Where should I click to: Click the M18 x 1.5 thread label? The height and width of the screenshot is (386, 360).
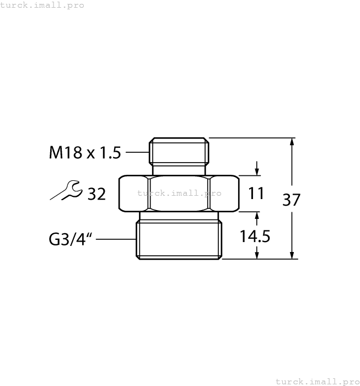pos(85,152)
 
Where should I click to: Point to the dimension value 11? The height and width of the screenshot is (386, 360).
pos(256,194)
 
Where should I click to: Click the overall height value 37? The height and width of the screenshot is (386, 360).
pos(291,200)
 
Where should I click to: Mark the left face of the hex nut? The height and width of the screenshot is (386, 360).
pos(133,194)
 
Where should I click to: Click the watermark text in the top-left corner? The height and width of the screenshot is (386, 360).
pos(42,5)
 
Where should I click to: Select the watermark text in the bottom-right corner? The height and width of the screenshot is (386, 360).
pos(316,381)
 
